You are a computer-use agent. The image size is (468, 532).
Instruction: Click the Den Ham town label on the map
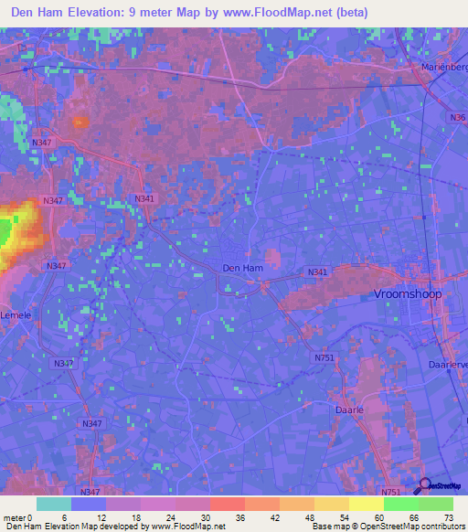[241, 268]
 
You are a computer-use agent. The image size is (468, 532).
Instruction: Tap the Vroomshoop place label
[412, 294]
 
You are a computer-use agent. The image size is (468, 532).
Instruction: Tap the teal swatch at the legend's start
[54, 504]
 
